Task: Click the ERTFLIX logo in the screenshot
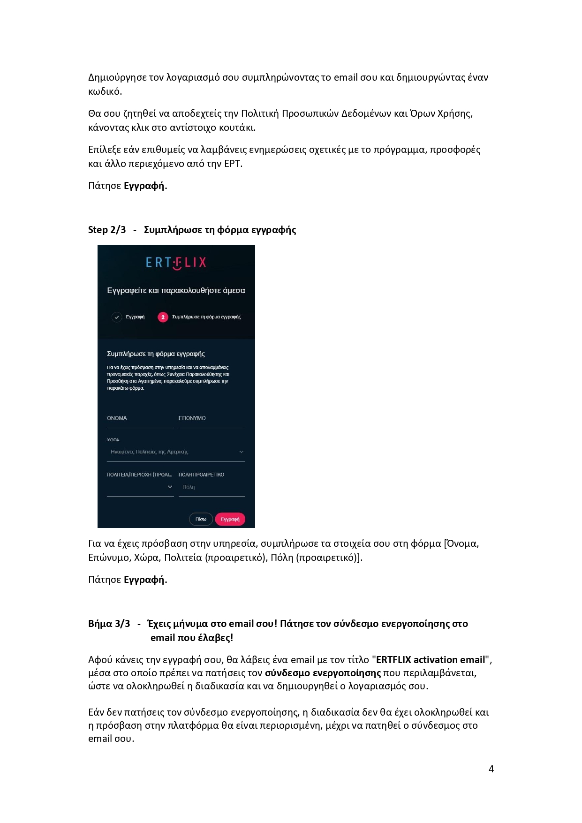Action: coord(176,263)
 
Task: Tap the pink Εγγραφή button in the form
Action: coord(230,519)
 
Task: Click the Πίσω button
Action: coord(201,519)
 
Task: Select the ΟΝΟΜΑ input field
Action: coord(140,418)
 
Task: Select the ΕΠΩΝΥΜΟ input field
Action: coord(212,418)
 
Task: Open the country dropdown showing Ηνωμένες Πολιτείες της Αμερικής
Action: coord(176,452)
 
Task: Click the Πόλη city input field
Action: coord(212,487)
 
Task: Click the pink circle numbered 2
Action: coord(163,317)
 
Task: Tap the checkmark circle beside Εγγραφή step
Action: coord(117,317)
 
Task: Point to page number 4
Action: coord(491,769)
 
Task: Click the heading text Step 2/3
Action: coord(107,230)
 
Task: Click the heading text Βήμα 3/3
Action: coord(109,624)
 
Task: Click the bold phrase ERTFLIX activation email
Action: coord(431,660)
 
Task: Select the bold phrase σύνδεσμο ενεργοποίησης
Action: coord(323,673)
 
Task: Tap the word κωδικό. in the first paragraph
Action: coord(105,91)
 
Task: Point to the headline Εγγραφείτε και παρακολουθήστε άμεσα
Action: coord(176,291)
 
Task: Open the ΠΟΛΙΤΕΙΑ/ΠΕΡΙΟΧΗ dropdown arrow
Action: coord(170,487)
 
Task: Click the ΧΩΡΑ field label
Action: coord(113,440)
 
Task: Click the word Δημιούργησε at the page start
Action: coord(117,77)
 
